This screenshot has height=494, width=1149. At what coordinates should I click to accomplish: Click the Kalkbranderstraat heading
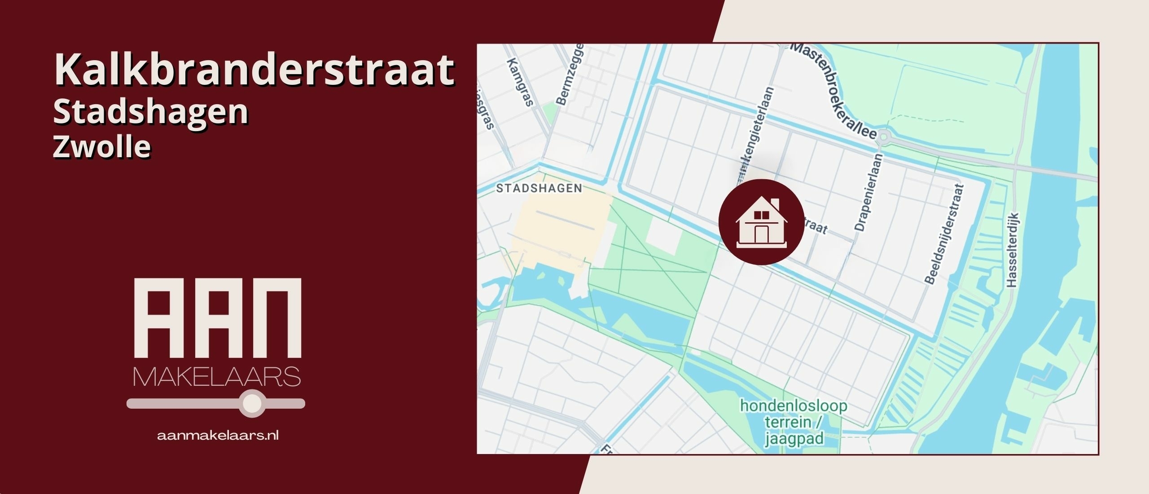[254, 70]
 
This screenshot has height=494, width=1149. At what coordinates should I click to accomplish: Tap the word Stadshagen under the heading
[150, 112]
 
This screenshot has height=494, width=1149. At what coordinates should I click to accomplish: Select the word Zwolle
[102, 147]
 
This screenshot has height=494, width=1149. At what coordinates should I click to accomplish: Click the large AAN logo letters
[218, 318]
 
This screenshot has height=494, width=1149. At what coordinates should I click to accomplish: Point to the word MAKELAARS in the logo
[217, 377]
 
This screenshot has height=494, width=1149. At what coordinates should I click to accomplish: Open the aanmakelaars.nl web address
[218, 435]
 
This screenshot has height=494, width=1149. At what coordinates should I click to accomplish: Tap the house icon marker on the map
[761, 222]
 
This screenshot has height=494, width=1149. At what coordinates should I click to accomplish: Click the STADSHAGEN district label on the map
[539, 188]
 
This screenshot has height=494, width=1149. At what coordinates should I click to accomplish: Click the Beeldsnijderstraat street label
[944, 234]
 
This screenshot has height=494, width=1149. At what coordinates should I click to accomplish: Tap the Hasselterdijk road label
[1013, 250]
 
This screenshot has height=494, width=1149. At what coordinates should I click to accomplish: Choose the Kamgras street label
[520, 82]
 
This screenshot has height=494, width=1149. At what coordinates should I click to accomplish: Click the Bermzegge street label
[570, 75]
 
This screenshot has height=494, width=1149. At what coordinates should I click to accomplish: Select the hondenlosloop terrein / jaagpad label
[794, 422]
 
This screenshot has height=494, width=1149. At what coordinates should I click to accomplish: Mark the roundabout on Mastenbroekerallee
[884, 136]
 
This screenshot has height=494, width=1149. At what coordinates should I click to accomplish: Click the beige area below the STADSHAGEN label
[561, 234]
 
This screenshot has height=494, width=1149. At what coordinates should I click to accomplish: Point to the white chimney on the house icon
[775, 203]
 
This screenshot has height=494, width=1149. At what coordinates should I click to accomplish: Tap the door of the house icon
[761, 234]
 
